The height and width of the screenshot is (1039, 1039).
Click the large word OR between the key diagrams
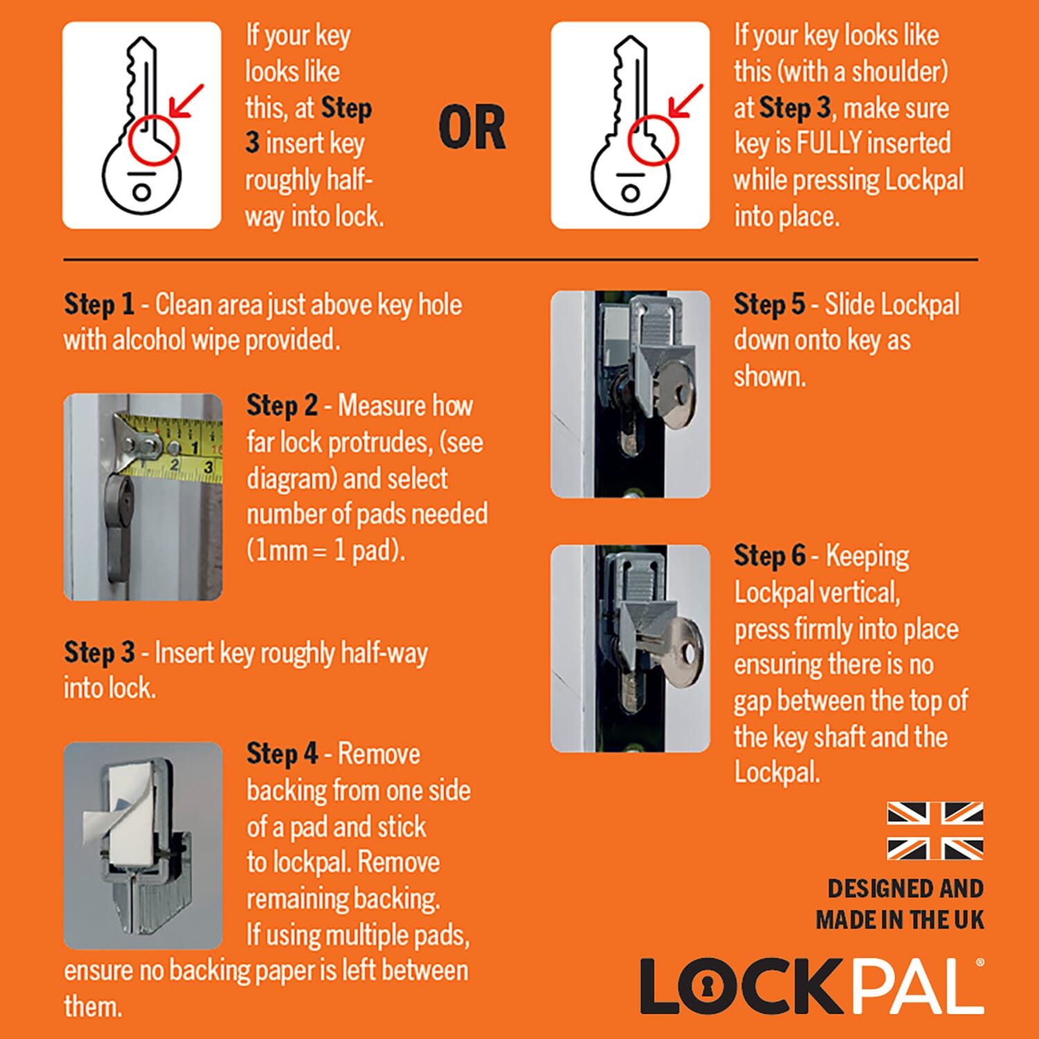[472, 128]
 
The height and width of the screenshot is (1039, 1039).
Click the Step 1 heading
[99, 305]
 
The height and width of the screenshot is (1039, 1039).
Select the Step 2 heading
[282, 406]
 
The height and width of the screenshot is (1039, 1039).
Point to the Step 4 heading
[282, 754]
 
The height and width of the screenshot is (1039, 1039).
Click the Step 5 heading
[770, 305]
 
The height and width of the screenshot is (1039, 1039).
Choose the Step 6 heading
[770, 556]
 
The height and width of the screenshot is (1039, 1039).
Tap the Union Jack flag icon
[935, 831]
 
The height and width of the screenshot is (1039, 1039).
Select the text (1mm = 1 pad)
[326, 551]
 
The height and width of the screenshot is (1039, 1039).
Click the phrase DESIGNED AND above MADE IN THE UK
[905, 889]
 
